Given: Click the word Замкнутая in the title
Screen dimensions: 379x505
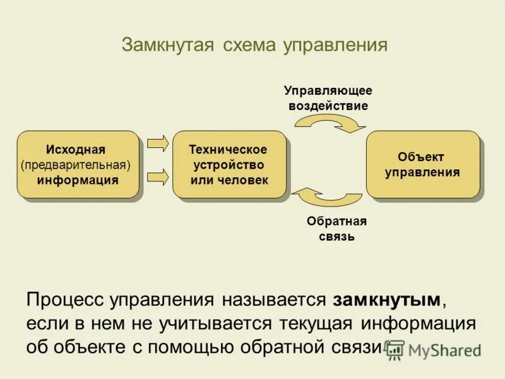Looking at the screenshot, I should point(166,45).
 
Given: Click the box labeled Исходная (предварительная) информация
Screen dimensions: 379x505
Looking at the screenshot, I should point(77,164).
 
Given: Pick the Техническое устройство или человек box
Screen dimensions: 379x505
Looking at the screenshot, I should point(229,164).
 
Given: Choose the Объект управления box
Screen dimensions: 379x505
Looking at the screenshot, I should point(422,164).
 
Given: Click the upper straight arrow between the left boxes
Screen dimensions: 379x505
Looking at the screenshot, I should point(158,142).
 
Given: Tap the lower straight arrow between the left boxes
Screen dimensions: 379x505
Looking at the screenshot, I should point(158,177).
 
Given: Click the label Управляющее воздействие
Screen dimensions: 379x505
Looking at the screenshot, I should point(328,98).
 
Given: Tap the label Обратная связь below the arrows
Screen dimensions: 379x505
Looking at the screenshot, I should point(336,229).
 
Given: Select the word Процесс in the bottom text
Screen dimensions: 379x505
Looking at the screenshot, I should point(66,299).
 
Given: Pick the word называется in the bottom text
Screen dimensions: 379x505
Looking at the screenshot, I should point(273,299).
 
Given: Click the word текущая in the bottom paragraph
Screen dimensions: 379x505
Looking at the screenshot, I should point(317,323).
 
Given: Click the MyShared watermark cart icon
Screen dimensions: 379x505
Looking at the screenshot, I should point(395,349).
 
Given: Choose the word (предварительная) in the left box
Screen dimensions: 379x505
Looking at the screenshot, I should point(75,165).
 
